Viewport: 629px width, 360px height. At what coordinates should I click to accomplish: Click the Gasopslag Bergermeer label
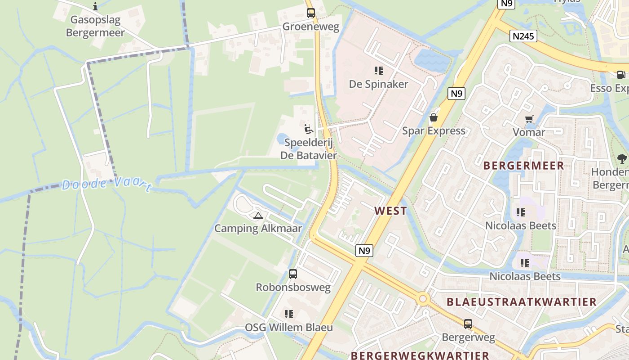95,26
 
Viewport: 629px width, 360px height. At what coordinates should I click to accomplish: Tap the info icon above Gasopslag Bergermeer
95,6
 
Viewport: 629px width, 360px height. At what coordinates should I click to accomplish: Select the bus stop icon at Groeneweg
310,13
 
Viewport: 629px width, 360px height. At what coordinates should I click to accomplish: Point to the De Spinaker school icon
379,71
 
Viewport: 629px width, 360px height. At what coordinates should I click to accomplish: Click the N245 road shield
524,36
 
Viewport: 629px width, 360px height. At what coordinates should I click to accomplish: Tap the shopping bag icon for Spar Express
434,117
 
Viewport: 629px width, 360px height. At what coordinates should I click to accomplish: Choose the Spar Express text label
434,131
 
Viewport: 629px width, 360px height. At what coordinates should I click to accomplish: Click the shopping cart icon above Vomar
529,119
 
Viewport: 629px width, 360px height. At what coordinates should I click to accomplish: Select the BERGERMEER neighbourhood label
523,166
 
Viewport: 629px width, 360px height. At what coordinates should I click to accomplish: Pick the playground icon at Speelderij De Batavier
308,129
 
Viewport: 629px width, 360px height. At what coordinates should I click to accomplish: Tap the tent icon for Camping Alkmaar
258,216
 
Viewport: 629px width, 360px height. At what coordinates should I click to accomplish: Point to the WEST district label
390,211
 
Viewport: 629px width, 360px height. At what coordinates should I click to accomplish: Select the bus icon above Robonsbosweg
293,274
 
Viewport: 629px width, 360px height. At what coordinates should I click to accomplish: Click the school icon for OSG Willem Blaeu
289,314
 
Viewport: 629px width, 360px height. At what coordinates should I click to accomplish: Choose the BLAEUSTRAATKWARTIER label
521,301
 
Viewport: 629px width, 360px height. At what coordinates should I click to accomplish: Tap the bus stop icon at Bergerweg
468,324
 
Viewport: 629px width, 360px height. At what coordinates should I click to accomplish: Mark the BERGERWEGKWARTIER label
420,355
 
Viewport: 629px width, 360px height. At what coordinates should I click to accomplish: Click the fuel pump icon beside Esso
621,75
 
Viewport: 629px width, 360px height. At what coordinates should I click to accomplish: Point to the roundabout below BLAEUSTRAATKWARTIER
422,298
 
